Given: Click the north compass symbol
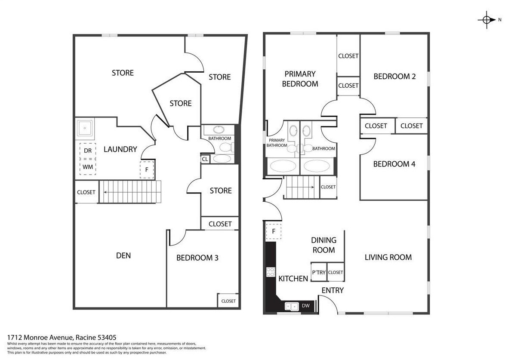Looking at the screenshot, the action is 486,20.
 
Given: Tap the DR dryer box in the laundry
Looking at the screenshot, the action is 88,151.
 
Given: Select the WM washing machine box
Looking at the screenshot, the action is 88,167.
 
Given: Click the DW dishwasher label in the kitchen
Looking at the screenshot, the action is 306,306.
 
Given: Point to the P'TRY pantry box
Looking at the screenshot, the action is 319,272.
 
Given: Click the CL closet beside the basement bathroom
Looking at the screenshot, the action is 205,159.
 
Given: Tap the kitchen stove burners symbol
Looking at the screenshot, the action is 271,272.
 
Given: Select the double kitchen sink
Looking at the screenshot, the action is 292,306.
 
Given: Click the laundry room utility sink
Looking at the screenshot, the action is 85,128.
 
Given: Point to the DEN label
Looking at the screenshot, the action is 123,255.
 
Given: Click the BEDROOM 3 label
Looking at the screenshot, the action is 197,258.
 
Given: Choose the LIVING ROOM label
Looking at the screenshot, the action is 388,257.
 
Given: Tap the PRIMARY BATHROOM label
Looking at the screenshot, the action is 277,143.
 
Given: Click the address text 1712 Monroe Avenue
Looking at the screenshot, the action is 41,338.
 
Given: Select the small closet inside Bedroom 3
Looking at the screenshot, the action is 228,300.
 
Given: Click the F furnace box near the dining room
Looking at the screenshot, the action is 274,231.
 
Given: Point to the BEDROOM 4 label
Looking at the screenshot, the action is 394,164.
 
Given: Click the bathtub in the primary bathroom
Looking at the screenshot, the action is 283,166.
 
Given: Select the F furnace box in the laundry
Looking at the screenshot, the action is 147,170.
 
